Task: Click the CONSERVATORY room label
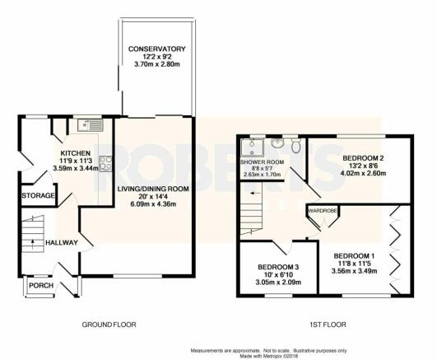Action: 156,49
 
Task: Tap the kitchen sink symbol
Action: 91,125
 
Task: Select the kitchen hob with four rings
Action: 105,163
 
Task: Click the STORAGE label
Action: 38,195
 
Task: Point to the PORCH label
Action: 41,286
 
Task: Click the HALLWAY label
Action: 62,243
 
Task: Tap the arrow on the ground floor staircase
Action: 33,244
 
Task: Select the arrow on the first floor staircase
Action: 253,193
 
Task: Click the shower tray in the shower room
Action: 253,147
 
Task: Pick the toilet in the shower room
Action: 295,145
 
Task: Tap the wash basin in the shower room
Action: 277,143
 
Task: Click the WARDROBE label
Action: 323,210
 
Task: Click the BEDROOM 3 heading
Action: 278,267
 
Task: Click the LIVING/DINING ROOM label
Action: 153,189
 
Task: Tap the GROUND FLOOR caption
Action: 109,325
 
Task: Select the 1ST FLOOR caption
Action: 328,325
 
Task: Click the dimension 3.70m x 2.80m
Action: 157,64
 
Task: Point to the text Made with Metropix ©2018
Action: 269,357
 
